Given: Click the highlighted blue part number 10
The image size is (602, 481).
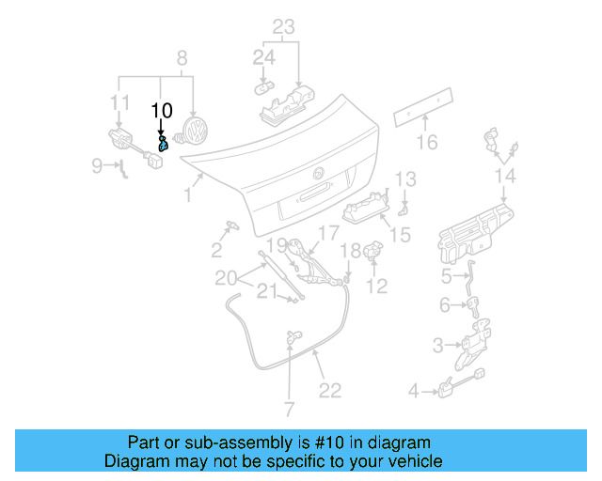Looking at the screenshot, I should coord(163,144).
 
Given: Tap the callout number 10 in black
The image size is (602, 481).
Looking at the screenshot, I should coord(162,111).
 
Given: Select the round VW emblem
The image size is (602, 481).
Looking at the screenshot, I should coord(197,130).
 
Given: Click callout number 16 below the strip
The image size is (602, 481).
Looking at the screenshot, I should coord(427,142).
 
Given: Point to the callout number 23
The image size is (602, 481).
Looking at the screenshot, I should coord(284,26).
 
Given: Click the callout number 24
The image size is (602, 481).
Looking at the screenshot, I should coord(264,58).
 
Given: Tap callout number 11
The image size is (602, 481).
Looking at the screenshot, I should coord(119,101).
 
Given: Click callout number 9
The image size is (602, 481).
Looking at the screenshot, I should coord(98,166).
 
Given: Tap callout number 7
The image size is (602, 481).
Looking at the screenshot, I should coord(289,410).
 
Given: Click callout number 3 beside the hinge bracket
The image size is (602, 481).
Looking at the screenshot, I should coord(438,346).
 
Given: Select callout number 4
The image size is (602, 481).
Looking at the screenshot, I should coord(413,390).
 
